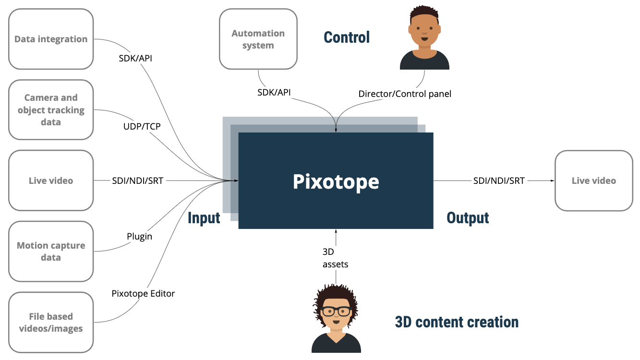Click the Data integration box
coord(51,39)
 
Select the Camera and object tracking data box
coord(51,110)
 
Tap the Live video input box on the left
coord(51,180)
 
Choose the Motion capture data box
coord(51,251)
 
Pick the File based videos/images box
coord(51,322)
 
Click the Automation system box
coord(258,39)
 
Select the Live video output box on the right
coord(593,180)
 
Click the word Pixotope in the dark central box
coord(336,181)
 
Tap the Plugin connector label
coord(139,236)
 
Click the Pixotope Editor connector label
coord(143,293)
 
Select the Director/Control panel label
coord(405,94)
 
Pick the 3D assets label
coord(335,258)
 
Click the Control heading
coord(347,37)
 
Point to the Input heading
coord(204,218)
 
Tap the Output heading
coord(468,218)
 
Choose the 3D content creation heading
coord(457,322)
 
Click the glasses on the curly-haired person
coord(336,311)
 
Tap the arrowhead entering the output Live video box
coord(552,180)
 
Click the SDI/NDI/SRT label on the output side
coord(499,180)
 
